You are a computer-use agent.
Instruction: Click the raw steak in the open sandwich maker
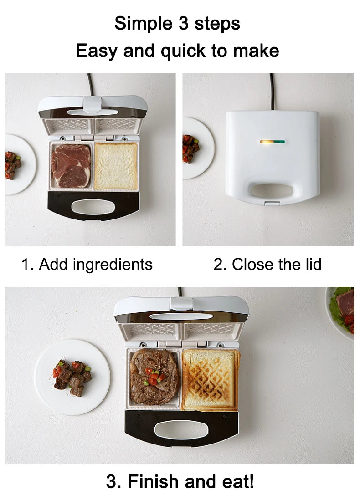click(71, 166)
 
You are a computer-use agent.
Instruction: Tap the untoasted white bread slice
click(116, 166)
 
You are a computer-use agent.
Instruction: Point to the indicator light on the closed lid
click(272, 142)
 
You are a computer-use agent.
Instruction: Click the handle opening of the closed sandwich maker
click(272, 190)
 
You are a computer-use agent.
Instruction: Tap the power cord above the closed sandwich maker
click(272, 92)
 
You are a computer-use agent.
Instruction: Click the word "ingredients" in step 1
click(113, 265)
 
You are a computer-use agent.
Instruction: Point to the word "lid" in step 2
click(312, 264)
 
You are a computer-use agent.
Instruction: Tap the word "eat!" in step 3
click(238, 481)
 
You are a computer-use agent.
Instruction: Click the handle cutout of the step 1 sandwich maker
click(93, 207)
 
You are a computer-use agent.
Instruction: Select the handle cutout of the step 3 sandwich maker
click(181, 429)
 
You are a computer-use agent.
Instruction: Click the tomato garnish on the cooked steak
click(154, 377)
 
